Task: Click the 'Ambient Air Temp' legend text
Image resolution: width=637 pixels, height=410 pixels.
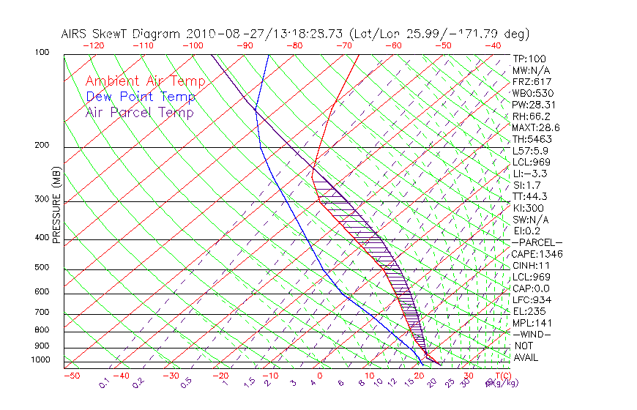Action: tap(145, 82)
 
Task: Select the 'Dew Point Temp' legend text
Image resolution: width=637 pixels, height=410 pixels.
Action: tap(141, 97)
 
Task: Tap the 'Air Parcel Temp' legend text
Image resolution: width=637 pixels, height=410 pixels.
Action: tap(139, 113)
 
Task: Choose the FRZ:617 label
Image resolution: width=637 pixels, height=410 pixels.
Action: tap(532, 82)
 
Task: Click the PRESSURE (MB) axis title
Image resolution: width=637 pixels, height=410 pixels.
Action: tap(58, 209)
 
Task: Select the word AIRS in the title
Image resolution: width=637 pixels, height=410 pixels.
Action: tap(76, 34)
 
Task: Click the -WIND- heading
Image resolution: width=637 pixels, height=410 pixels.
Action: tap(532, 334)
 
